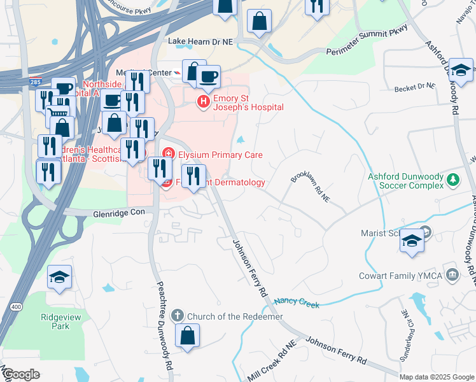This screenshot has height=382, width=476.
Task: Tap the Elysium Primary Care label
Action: coord(219,155)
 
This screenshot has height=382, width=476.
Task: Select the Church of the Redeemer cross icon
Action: coord(178,315)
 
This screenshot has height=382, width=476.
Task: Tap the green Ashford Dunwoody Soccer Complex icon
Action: coord(453,180)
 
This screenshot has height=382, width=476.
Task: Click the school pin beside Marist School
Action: coord(412,241)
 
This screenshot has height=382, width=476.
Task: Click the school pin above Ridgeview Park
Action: coord(60,278)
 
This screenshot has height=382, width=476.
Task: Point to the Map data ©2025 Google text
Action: coord(437,377)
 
